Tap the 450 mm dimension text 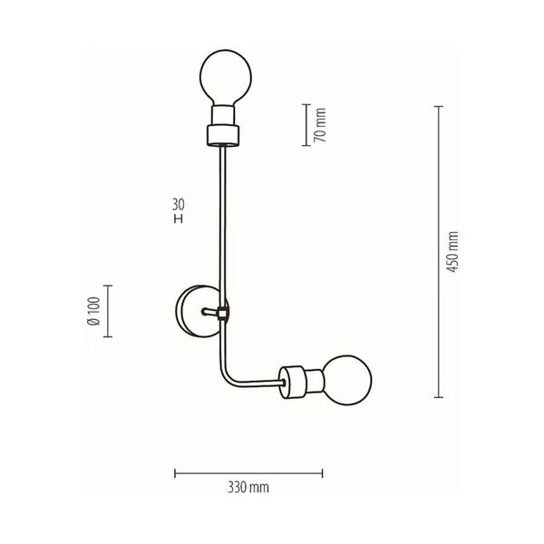pyautogui.click(x=453, y=251)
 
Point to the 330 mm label pyautogui.click(x=248, y=488)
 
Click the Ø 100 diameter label pyautogui.click(x=93, y=311)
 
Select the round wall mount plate pyautogui.click(x=195, y=311)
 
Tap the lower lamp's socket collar pyautogui.click(x=293, y=379)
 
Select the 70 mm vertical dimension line pyautogui.click(x=304, y=125)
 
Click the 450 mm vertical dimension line pyautogui.click(x=438, y=251)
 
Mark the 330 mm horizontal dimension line pyautogui.click(x=248, y=472)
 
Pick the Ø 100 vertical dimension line pyautogui.click(x=109, y=311)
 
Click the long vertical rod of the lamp pyautogui.click(x=221, y=227)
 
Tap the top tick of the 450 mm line pyautogui.click(x=438, y=107)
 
